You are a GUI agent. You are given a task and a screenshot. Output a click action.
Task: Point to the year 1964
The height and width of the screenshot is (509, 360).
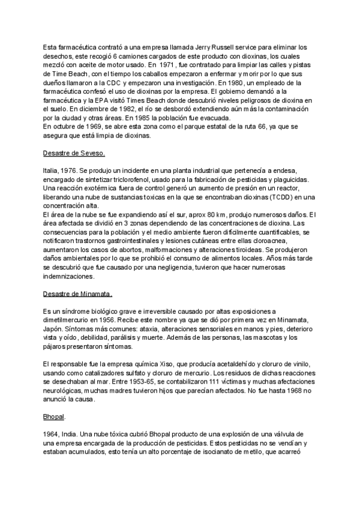53,433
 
